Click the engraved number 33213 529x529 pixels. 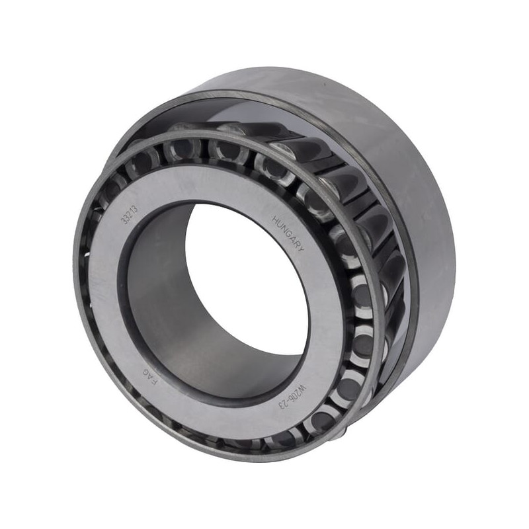(x=130, y=214)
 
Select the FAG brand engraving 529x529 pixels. (x=150, y=376)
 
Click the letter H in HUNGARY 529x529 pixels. (x=275, y=220)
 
